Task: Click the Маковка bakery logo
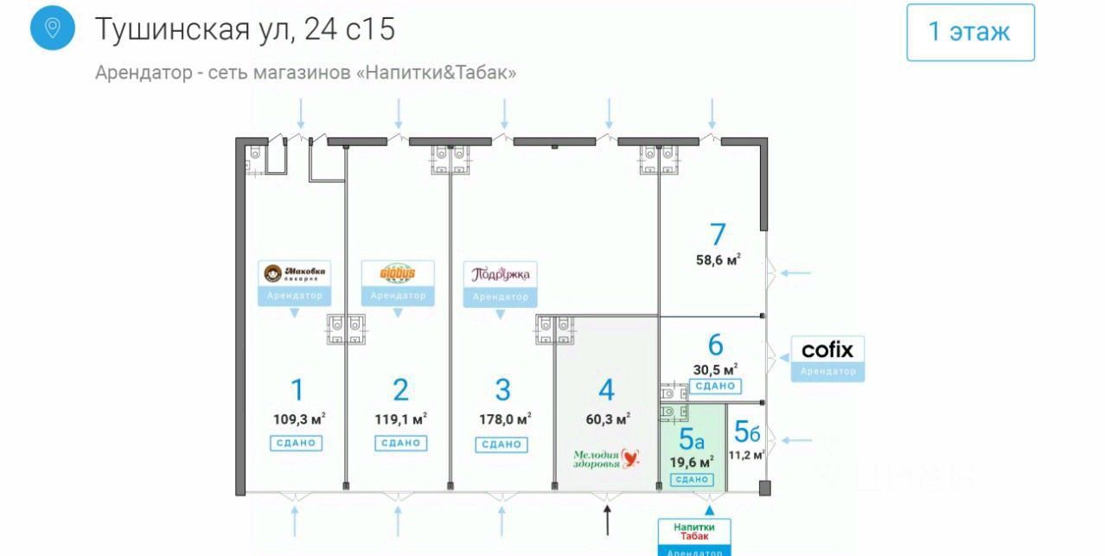(294, 274)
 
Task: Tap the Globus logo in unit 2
(398, 274)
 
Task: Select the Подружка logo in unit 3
(501, 274)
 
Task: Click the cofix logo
(827, 349)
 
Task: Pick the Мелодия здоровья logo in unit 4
(606, 458)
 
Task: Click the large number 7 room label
(717, 234)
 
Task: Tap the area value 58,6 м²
(717, 260)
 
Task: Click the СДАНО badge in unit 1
(297, 443)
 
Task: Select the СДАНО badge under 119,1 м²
(400, 443)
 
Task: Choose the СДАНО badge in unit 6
(715, 387)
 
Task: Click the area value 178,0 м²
(504, 419)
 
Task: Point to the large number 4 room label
(606, 390)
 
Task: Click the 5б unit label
(746, 430)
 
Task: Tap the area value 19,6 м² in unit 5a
(691, 462)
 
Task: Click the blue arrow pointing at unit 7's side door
(795, 273)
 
